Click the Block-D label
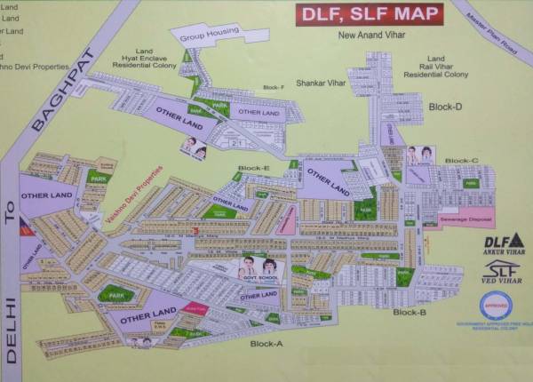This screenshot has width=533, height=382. pyautogui.click(x=445, y=107)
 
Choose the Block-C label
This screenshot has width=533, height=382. pyautogui.click(x=461, y=161)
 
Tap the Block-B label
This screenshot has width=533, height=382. pyautogui.click(x=410, y=313)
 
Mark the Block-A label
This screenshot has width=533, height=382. pyautogui.click(x=266, y=344)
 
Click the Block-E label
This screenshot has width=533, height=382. pyautogui.click(x=253, y=168)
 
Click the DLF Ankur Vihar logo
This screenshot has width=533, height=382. pyautogui.click(x=504, y=242)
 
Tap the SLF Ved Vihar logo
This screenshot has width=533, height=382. pyautogui.click(x=504, y=272)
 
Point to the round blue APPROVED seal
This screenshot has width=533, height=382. pyautogui.click(x=496, y=306)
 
